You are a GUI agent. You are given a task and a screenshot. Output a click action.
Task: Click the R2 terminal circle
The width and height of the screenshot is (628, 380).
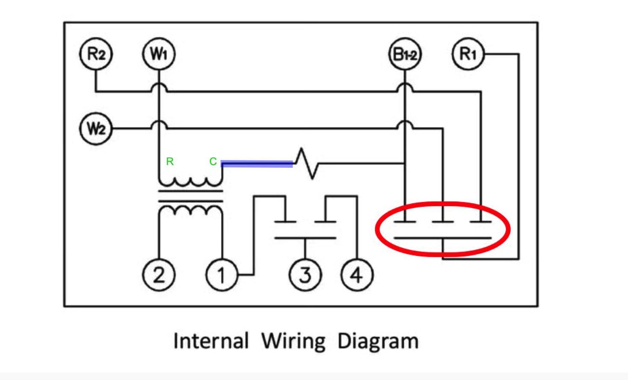96,54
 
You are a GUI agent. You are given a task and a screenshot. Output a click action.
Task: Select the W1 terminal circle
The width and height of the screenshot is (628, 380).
159,54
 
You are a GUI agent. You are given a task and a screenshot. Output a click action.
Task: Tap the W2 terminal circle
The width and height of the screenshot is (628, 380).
96,128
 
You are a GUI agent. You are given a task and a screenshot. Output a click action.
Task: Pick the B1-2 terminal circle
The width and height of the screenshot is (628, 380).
405,54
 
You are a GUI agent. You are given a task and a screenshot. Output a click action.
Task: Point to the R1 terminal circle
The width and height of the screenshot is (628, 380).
468,54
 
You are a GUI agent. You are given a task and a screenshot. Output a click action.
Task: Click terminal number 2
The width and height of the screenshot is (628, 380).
159,275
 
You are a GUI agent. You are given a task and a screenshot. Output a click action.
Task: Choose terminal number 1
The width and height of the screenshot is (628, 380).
222,275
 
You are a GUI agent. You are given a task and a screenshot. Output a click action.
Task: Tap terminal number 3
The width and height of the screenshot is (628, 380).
305,275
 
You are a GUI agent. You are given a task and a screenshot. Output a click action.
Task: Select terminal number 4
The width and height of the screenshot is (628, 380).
357,275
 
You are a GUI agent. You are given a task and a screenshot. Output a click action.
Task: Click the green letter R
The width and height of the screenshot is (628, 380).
170,161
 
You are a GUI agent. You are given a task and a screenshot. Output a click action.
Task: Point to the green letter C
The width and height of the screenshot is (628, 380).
213,161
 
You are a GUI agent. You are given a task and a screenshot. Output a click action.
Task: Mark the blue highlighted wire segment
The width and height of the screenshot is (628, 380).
257,163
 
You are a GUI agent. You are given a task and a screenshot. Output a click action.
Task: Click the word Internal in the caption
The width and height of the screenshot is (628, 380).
210,341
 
